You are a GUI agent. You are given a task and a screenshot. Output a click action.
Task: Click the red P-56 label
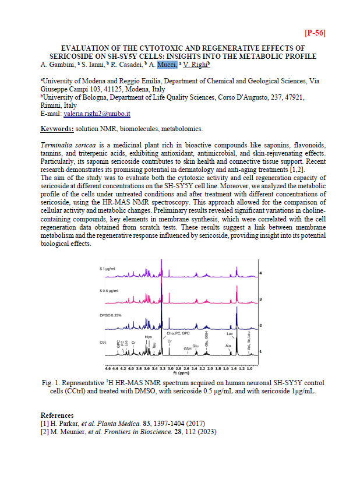click(x=315, y=33)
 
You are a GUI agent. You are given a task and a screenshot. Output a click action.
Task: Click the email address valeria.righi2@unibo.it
click(x=97, y=114)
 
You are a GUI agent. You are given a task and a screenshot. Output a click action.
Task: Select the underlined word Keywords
click(x=57, y=128)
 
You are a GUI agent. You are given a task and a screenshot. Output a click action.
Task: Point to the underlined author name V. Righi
click(x=196, y=65)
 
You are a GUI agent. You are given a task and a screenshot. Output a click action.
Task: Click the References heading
click(x=57, y=415)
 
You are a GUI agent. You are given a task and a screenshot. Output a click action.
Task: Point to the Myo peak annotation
click(x=148, y=337)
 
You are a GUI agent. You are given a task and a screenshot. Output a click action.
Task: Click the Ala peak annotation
click(x=228, y=346)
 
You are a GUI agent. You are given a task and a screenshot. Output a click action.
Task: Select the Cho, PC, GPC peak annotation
click(x=178, y=333)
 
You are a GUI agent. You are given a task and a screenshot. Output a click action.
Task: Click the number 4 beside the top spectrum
click(x=260, y=273)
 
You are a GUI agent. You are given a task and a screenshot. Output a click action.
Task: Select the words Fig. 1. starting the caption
click(x=51, y=382)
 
